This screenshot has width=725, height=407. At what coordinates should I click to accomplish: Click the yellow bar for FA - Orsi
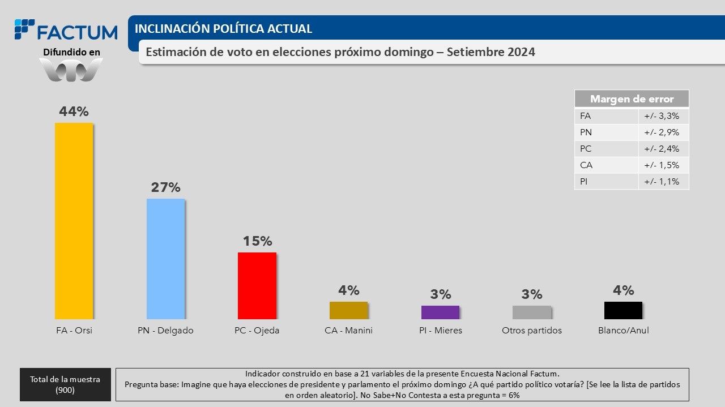pos(74,221)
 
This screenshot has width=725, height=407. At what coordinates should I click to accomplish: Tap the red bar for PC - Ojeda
pos(257,286)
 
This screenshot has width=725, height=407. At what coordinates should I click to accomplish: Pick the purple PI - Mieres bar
pos(440,312)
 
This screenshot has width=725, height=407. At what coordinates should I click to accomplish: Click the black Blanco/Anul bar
pos(623,310)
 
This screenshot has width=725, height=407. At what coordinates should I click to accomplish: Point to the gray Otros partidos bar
pos(532,312)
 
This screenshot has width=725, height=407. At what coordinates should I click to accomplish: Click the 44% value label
pos(74,112)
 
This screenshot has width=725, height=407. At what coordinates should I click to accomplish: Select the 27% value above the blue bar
pos(165,187)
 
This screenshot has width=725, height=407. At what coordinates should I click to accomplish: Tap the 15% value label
pos(257,241)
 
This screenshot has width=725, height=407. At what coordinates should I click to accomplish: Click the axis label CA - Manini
pos(348,331)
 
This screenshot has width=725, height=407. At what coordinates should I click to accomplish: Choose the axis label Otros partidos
pos(532,331)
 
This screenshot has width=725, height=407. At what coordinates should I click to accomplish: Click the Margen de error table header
pos(632,99)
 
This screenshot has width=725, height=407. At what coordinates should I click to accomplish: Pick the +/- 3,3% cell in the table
pos(663,116)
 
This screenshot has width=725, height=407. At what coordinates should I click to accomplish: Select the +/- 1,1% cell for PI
pos(663,182)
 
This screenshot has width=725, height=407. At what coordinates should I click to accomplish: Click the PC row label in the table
pos(586,149)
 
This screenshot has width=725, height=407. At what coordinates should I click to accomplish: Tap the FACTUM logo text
pos(76,32)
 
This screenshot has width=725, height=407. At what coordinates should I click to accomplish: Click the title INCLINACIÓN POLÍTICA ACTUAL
pos(223,28)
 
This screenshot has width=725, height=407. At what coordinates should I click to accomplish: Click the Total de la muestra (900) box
pos(65,385)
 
